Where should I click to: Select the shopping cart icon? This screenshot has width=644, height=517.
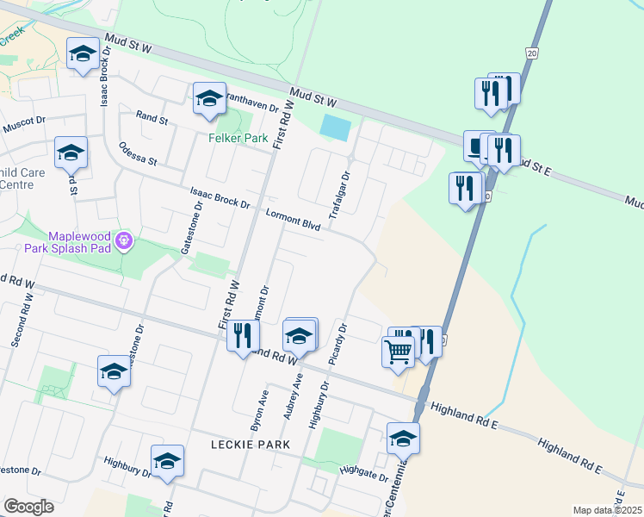[398, 352]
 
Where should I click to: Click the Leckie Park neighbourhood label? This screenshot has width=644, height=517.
[250, 444]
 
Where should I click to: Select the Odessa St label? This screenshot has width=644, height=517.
[138, 153]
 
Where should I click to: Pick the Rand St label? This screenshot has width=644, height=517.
[152, 118]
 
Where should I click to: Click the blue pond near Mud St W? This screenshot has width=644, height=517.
[335, 128]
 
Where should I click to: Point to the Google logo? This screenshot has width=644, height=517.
[28, 507]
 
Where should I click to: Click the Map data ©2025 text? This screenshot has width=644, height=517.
[607, 510]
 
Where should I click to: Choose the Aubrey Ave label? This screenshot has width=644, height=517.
[294, 396]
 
